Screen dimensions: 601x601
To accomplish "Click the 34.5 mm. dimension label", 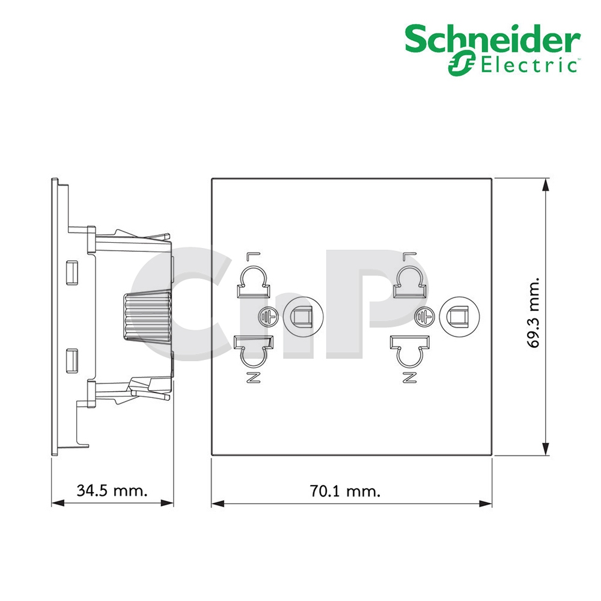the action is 112,490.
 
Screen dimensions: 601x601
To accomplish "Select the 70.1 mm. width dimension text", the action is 345,491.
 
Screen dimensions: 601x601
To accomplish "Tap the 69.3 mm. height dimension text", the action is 533,313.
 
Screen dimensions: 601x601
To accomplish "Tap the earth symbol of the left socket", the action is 267,317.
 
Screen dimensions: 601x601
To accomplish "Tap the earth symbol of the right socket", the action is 424,317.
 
